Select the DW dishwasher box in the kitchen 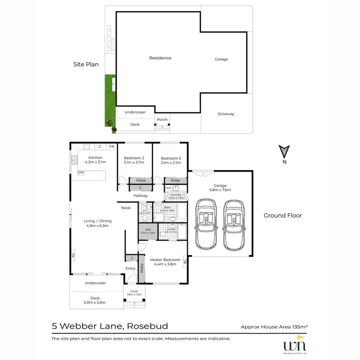[81, 172]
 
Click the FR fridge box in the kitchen [111, 146]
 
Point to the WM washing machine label [168, 188]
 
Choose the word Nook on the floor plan [126, 208]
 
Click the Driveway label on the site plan [226, 114]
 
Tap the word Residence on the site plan [160, 58]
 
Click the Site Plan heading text [85, 64]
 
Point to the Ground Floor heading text [283, 216]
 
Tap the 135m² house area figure [298, 327]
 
